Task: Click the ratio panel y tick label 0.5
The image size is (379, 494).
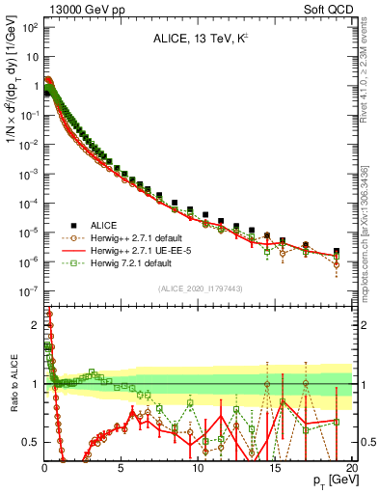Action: pyautogui.click(x=28, y=442)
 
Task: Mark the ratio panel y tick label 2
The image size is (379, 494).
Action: pyautogui.click(x=33, y=325)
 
